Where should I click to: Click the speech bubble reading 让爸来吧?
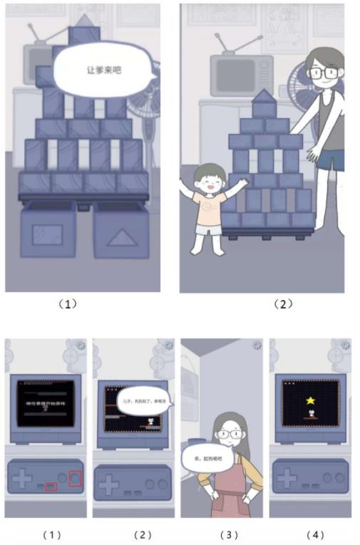105,70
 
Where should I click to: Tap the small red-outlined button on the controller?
51,487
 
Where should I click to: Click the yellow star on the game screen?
311,401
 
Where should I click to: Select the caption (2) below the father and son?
283,303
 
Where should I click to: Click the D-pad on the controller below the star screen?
288,479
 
